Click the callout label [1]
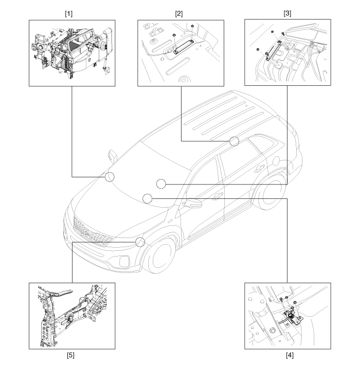68,14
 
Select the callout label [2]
178,14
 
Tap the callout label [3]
287,13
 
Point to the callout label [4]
290,355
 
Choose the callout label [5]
70,355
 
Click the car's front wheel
160,256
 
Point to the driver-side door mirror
192,204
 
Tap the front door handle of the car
219,196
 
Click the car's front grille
92,232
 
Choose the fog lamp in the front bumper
124,261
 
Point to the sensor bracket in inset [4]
293,317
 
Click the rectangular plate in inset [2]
184,47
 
